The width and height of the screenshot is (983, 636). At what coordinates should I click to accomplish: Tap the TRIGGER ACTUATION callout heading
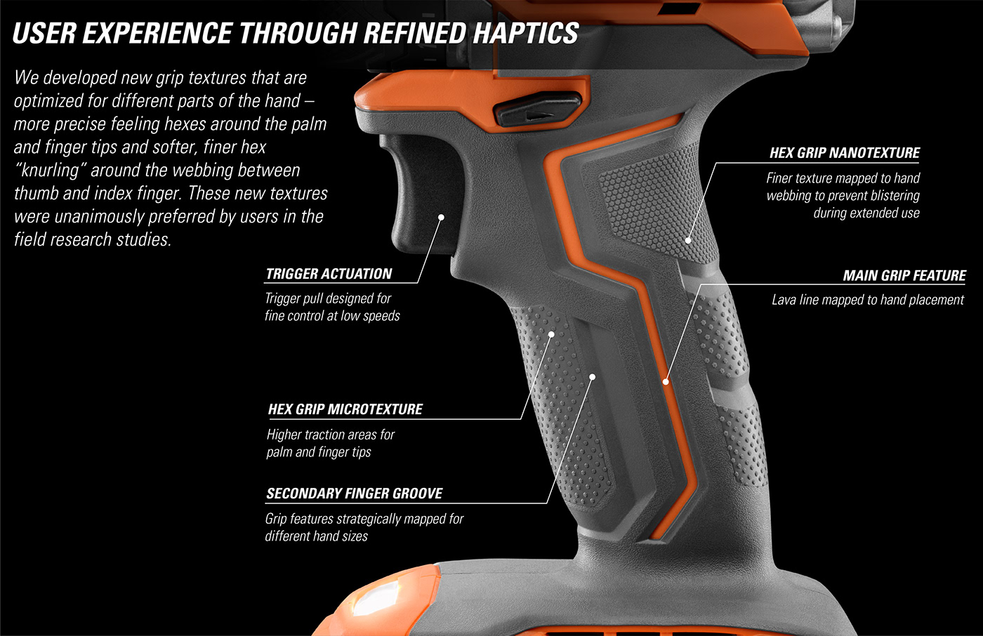point(329,274)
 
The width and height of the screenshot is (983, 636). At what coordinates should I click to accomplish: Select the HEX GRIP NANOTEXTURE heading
point(844,152)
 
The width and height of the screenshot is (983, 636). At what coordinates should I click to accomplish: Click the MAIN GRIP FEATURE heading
point(904,275)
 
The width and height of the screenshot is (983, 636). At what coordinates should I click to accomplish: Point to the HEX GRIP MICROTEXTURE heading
point(345,409)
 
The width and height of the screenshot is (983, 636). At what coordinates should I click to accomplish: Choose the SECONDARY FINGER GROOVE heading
point(354,493)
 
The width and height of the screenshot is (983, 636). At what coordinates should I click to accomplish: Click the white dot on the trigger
point(442,218)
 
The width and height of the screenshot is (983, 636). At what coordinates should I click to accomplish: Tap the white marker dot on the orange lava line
point(666,381)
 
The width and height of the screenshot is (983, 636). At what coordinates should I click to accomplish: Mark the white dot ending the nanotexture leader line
point(688,240)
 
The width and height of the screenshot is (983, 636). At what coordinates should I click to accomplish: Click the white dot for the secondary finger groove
point(592,377)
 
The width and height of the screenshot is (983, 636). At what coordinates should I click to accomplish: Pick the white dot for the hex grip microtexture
point(551,334)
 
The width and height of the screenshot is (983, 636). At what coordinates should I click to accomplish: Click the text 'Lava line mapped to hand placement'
point(867,300)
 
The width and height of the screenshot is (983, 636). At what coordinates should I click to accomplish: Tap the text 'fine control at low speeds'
point(332,316)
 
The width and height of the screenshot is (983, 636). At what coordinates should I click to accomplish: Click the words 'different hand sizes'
point(316,536)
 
